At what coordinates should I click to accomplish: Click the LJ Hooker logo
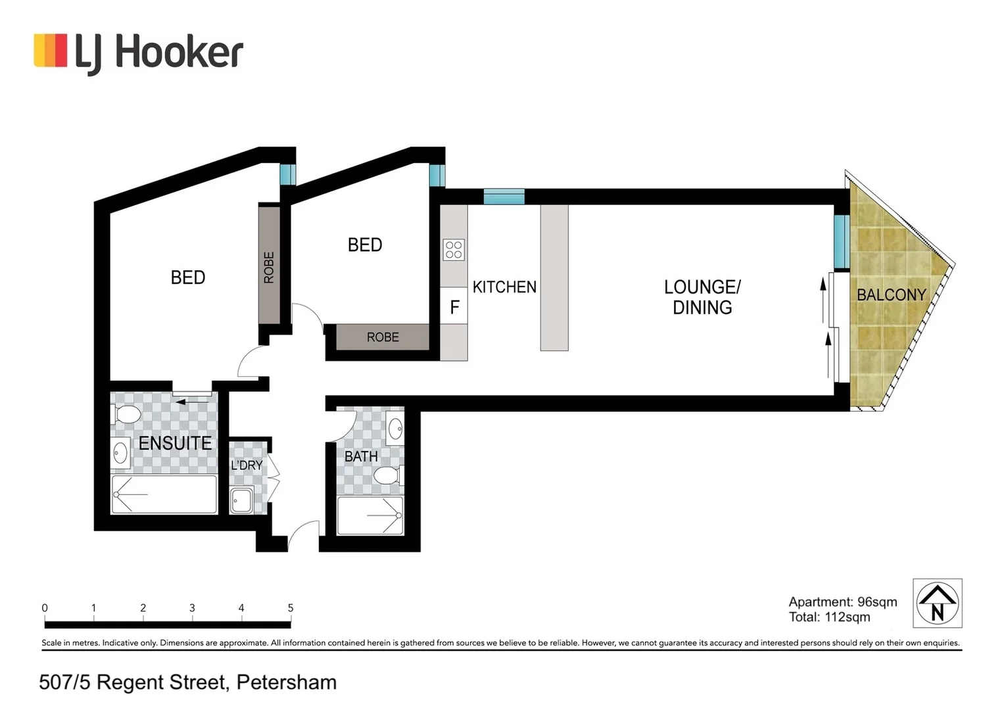tap(138, 52)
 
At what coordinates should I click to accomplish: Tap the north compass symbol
tap(937, 603)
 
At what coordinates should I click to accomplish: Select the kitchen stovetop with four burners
tap(454, 250)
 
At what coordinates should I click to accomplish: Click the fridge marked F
tap(454, 307)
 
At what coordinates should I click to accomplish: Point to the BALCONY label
tap(891, 295)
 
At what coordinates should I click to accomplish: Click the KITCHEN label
tap(504, 287)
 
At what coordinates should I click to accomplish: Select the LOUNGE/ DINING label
tap(702, 297)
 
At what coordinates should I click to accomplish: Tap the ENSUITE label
tap(175, 443)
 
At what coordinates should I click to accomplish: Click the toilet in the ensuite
tap(127, 415)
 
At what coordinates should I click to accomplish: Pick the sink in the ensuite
tap(120, 453)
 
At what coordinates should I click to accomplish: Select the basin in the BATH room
tap(395, 429)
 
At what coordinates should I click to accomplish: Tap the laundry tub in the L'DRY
tap(241, 500)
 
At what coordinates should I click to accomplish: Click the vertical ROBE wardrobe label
tap(268, 267)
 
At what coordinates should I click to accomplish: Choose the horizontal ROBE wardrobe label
tap(383, 337)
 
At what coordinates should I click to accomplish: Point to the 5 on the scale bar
tap(291, 608)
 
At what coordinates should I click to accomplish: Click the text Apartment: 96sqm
tap(842, 602)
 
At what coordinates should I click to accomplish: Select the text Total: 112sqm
tap(829, 617)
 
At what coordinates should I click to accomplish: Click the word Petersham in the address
tap(286, 682)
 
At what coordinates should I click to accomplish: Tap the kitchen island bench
tap(554, 277)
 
